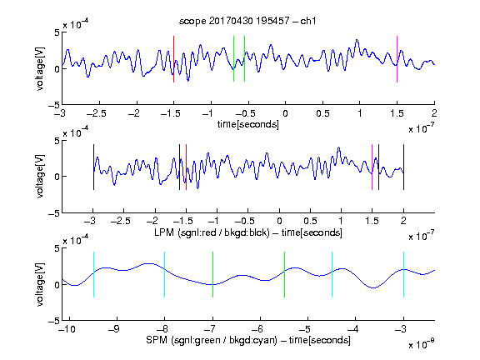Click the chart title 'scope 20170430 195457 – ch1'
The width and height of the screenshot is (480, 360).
[247, 21]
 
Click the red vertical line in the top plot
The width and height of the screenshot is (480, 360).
[174, 59]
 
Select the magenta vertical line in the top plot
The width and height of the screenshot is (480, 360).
[397, 59]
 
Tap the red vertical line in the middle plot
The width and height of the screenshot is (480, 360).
[186, 167]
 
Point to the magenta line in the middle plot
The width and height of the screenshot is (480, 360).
[372, 167]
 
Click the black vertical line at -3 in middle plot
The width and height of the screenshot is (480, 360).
[93, 167]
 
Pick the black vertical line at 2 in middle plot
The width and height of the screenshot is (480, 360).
[403, 167]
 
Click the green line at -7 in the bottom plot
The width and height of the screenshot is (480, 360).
[212, 275]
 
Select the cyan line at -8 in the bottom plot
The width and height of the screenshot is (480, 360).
[165, 275]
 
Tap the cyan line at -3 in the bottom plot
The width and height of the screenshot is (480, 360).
[403, 275]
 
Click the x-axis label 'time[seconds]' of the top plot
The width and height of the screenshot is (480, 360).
[248, 124]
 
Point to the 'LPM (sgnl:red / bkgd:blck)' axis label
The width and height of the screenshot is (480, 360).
[212, 232]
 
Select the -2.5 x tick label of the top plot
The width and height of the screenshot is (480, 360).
[97, 113]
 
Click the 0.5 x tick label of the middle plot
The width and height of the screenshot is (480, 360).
[310, 221]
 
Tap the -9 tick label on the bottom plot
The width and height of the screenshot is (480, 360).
[114, 329]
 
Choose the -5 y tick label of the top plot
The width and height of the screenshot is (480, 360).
[54, 105]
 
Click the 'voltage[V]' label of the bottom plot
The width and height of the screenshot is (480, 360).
[40, 284]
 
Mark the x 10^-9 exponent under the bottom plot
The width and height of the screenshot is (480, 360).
[422, 343]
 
